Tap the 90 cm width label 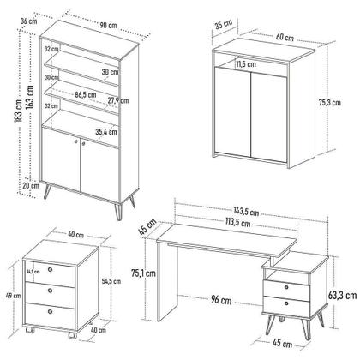tap(107, 24)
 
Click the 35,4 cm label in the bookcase tap(106, 131)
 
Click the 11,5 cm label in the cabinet tap(246, 63)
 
